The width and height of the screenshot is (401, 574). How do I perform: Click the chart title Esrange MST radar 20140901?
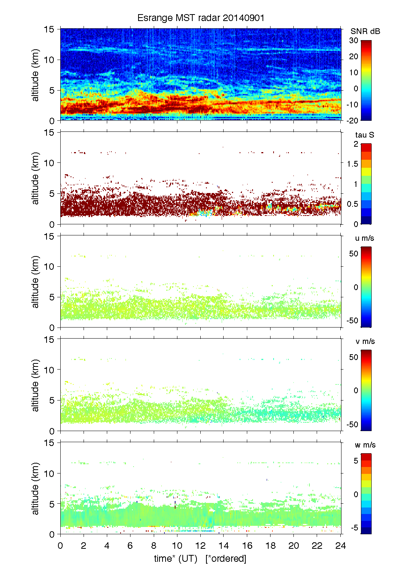(201, 18)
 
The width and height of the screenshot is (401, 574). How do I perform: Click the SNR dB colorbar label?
(365, 31)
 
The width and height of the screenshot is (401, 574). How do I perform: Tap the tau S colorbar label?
(364, 135)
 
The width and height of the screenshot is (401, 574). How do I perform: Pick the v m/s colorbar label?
(365, 341)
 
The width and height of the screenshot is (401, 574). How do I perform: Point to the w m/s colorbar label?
(365, 445)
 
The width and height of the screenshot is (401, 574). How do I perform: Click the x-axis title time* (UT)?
(176, 558)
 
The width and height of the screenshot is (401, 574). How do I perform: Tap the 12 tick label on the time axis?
(200, 545)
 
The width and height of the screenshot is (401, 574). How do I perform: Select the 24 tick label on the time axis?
(340, 545)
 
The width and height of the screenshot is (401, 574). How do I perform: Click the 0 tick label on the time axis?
(60, 545)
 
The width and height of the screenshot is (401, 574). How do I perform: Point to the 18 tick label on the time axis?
(271, 545)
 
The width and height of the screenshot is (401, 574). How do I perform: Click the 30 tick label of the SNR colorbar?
(354, 41)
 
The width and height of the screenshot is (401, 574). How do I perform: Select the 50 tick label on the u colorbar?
(354, 254)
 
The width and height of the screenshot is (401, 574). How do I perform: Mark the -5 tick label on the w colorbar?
(354, 528)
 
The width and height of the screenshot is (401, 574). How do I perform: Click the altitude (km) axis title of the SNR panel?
(35, 75)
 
